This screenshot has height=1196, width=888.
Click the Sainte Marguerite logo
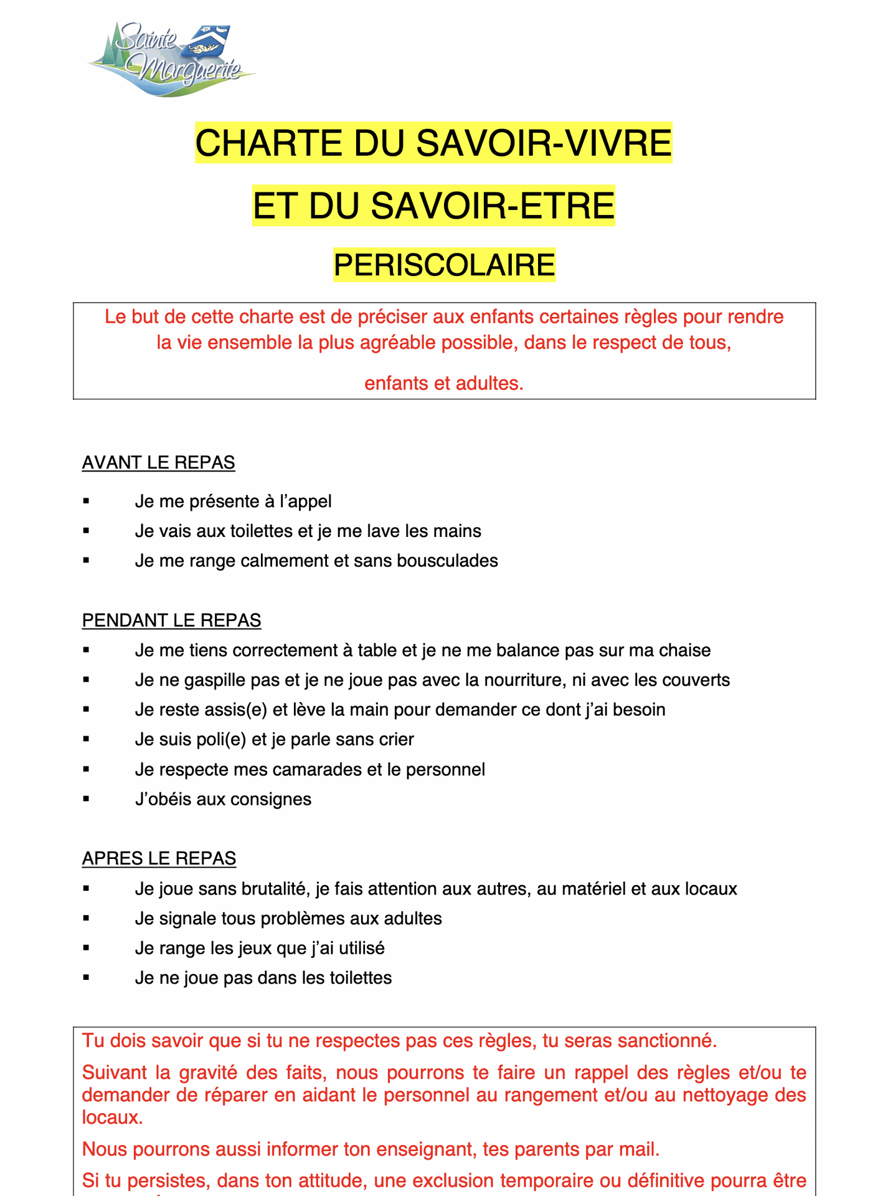[x=171, y=59]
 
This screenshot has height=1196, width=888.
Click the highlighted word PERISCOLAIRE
[x=444, y=265]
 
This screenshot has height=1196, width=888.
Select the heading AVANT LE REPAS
[x=159, y=463]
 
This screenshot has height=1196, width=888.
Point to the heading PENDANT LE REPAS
[x=172, y=620]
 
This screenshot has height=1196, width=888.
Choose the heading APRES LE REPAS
[x=159, y=858]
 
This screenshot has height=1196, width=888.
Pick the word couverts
[x=693, y=680]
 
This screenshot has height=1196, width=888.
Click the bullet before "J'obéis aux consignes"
[x=86, y=799]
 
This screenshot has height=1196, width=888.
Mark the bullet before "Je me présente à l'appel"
[x=86, y=501]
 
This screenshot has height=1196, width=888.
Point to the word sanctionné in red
[x=664, y=1041]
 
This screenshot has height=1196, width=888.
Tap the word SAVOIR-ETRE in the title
[x=493, y=206]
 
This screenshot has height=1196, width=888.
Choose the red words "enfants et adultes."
[x=444, y=383]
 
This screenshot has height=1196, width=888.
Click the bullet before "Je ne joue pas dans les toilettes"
[x=86, y=978]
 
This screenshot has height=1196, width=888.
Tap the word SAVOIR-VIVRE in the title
[x=544, y=143]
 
